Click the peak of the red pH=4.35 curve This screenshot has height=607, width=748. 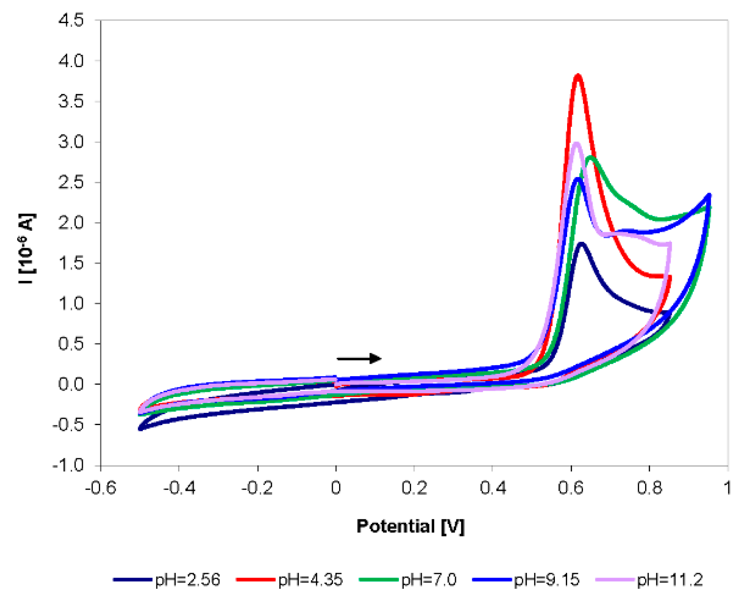click(x=578, y=76)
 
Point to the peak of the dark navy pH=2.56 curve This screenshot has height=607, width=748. click(x=582, y=245)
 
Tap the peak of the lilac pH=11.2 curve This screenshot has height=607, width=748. click(x=576, y=144)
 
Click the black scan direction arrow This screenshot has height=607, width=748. click(x=359, y=358)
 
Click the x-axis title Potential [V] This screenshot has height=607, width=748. click(x=410, y=526)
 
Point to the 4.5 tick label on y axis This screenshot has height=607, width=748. click(x=71, y=20)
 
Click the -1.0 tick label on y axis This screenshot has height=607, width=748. click(x=68, y=465)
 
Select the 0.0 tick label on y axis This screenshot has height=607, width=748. click(x=71, y=384)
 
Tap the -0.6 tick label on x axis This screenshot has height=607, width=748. click(x=101, y=488)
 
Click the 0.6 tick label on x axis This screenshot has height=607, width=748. click(x=571, y=488)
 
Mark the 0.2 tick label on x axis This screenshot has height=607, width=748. click(x=414, y=488)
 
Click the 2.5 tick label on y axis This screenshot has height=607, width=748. click(x=71, y=182)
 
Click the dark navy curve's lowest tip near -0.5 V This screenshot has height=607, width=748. click(x=141, y=429)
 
